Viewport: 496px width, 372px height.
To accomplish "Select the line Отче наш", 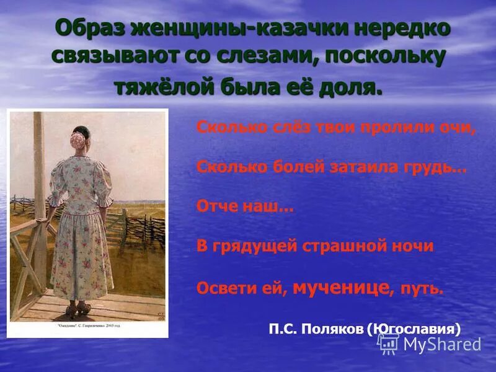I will click(244, 207).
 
